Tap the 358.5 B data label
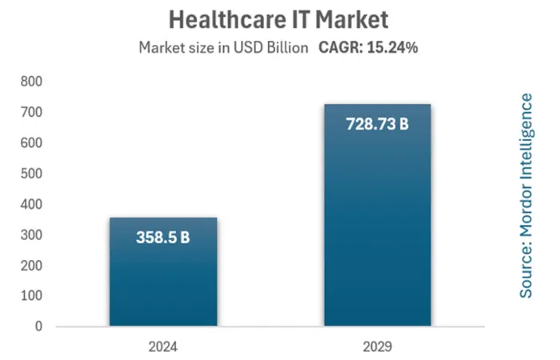pyautogui.click(x=162, y=238)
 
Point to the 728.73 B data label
pyautogui.click(x=377, y=125)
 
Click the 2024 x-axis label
pyautogui.click(x=162, y=348)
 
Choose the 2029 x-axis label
pyautogui.click(x=377, y=348)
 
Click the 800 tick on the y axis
pyautogui.click(x=30, y=82)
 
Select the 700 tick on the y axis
pyautogui.click(x=30, y=113)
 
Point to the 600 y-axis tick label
pyautogui.click(x=30, y=143)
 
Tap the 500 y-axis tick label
pyautogui.click(x=30, y=174)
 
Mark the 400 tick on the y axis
pyautogui.click(x=30, y=204)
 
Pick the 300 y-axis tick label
pyautogui.click(x=30, y=234)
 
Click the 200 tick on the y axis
pyautogui.click(x=30, y=266)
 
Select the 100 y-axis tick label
pyautogui.click(x=30, y=296)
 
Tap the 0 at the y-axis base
pyautogui.click(x=37, y=326)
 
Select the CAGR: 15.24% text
pyautogui.click(x=369, y=48)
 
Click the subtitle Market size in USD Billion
pyautogui.click(x=224, y=48)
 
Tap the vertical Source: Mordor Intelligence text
pyautogui.click(x=526, y=196)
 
